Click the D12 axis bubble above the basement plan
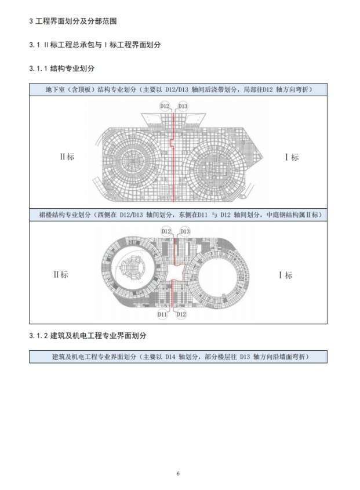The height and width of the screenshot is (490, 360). (165, 106)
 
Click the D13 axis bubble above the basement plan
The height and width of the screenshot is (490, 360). (182, 106)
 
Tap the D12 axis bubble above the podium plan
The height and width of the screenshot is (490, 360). (166, 231)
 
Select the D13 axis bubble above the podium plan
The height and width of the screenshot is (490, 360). (184, 231)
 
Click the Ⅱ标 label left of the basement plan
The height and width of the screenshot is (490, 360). (67, 157)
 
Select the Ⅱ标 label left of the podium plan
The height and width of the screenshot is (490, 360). (60, 274)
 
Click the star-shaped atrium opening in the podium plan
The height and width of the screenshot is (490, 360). (176, 272)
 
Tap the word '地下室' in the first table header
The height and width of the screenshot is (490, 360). (56, 90)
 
